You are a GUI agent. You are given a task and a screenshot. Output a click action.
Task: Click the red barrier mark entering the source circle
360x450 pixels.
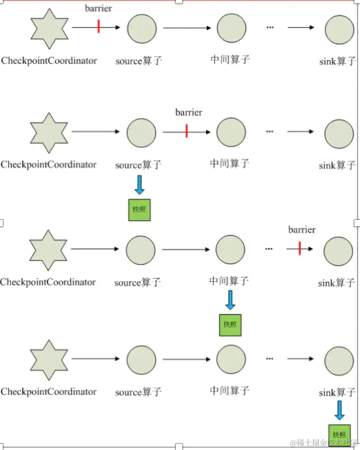click(98, 26)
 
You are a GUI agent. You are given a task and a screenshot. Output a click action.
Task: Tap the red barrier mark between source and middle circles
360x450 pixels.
click(187, 131)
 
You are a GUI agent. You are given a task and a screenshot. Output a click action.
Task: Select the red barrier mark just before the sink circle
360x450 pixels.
click(300, 248)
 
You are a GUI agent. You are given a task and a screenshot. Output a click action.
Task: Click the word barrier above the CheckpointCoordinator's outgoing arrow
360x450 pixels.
click(98, 9)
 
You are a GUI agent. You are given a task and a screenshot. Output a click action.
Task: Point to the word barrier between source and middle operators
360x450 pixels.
click(189, 112)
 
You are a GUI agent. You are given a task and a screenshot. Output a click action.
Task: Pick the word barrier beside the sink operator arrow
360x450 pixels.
click(302, 230)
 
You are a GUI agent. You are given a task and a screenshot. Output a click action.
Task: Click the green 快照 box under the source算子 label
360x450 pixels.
click(139, 210)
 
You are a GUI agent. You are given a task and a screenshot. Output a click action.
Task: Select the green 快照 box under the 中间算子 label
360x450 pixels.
click(230, 325)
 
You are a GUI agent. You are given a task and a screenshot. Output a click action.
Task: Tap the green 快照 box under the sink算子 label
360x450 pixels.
click(340, 435)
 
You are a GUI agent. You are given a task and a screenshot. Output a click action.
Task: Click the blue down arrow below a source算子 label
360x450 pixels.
click(140, 185)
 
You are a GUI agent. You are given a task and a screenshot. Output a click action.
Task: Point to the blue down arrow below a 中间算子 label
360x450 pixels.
click(230, 300)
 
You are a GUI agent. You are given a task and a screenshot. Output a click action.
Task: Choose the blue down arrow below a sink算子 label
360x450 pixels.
click(340, 411)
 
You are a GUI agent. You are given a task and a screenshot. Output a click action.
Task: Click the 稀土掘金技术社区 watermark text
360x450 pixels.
click(323, 443)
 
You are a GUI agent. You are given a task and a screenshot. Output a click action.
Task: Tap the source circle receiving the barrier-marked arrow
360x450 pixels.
click(142, 28)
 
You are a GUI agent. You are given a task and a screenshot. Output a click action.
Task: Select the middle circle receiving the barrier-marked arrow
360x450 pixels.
click(231, 132)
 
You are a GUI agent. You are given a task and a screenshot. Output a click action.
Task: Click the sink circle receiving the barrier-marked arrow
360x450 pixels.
click(339, 251)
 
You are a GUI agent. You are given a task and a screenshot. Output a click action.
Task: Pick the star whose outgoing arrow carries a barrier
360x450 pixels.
click(49, 28)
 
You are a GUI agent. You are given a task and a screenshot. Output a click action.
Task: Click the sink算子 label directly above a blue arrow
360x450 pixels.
click(337, 392)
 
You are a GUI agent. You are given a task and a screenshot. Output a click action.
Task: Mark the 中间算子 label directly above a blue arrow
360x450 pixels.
click(229, 281)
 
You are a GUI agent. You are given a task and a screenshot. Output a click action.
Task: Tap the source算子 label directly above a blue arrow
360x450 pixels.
click(138, 165)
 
